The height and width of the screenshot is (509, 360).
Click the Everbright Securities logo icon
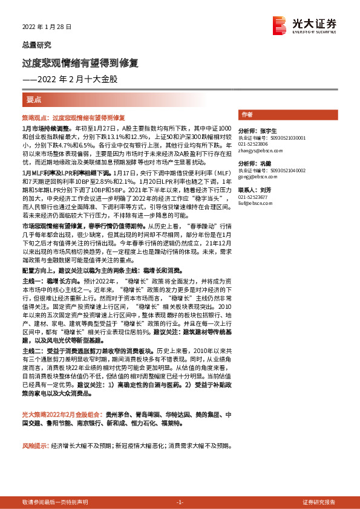point(278,25)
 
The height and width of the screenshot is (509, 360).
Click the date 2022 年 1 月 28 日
point(47,27)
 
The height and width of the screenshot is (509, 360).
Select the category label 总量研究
point(36,45)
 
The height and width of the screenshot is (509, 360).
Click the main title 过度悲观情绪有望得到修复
point(80,63)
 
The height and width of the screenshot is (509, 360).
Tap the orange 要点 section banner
point(33,99)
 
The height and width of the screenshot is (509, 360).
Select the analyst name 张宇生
point(267,131)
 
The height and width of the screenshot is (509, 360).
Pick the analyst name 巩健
point(264,164)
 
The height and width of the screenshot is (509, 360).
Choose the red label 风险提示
point(34,446)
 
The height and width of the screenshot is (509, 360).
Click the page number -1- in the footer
point(180,502)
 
